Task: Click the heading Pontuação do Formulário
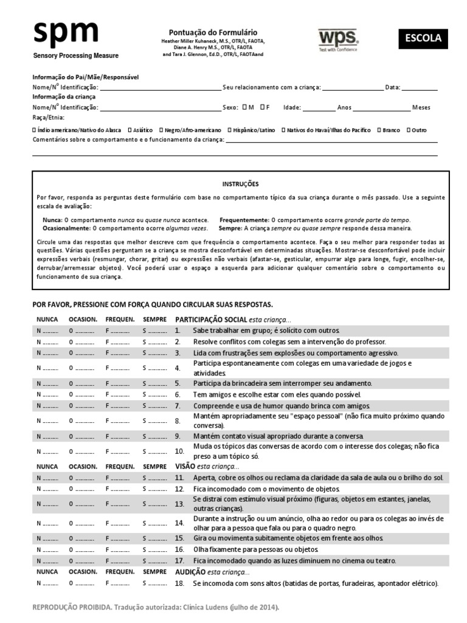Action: click(x=212, y=32)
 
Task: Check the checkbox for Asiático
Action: click(x=130, y=130)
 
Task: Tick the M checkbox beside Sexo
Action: click(x=244, y=107)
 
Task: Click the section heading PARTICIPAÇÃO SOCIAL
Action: click(x=211, y=319)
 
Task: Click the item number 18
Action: click(x=179, y=583)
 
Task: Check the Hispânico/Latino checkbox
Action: click(x=229, y=130)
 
